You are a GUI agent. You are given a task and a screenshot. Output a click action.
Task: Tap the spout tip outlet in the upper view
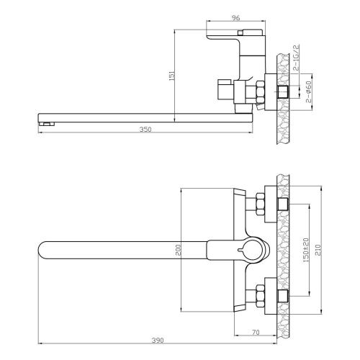[45, 124]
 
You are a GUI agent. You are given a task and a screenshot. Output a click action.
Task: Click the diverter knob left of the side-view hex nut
[225, 91]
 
